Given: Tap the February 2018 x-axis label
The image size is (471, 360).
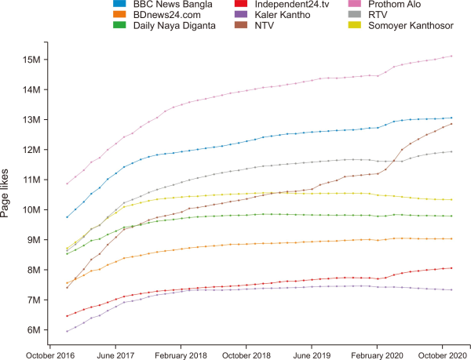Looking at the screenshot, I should [181, 354].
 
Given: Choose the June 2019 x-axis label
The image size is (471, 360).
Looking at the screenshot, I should [312, 354].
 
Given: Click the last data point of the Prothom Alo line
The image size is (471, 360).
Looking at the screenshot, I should [451, 56].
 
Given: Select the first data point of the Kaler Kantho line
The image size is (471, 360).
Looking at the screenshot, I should [67, 332].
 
